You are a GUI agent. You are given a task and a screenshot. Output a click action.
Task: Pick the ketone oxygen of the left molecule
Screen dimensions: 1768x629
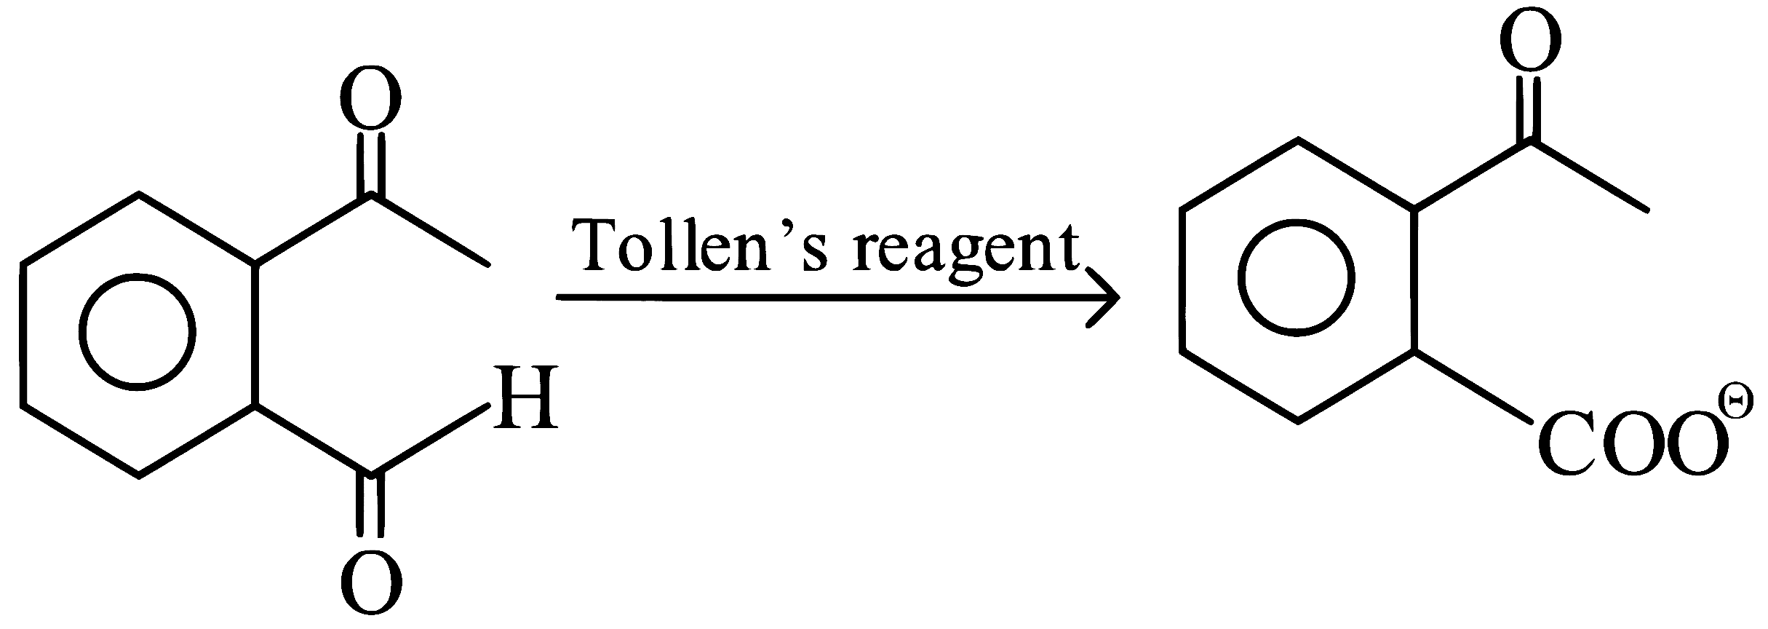[371, 98]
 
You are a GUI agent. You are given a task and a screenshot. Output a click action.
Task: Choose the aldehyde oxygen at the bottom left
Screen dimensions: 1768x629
[371, 582]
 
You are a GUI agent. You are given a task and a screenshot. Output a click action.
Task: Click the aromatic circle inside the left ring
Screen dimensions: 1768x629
[80, 331]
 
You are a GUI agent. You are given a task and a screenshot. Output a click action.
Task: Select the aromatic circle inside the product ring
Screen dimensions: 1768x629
[1240, 277]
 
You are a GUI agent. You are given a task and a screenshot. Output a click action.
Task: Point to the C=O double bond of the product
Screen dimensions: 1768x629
[1530, 109]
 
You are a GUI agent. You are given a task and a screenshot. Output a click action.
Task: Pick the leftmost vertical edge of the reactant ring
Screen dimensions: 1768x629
[23, 333]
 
